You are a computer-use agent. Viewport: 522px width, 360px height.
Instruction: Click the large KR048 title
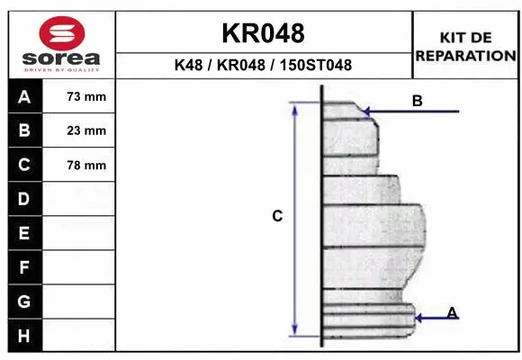click(x=263, y=33)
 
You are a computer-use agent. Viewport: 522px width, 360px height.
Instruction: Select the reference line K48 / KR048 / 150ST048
click(x=263, y=65)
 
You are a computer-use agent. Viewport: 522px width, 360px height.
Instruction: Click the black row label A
click(x=23, y=96)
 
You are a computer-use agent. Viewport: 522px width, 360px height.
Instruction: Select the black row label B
click(x=23, y=130)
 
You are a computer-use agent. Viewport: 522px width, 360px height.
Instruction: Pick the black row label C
click(x=23, y=165)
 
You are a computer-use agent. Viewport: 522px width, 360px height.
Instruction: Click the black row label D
click(x=23, y=198)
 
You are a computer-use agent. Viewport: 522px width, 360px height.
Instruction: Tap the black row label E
click(x=23, y=233)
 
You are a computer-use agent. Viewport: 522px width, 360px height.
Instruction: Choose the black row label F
click(x=23, y=267)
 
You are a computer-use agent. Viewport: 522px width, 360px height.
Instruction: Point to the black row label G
click(x=23, y=301)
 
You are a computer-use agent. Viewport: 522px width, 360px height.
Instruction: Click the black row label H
click(x=23, y=335)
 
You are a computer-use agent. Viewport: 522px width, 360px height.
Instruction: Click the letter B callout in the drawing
click(x=417, y=101)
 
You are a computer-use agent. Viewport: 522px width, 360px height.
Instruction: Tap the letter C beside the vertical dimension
click(x=277, y=216)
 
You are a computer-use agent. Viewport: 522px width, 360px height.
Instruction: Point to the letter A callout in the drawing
click(x=452, y=312)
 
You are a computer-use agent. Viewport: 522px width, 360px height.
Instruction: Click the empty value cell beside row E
click(x=80, y=233)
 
